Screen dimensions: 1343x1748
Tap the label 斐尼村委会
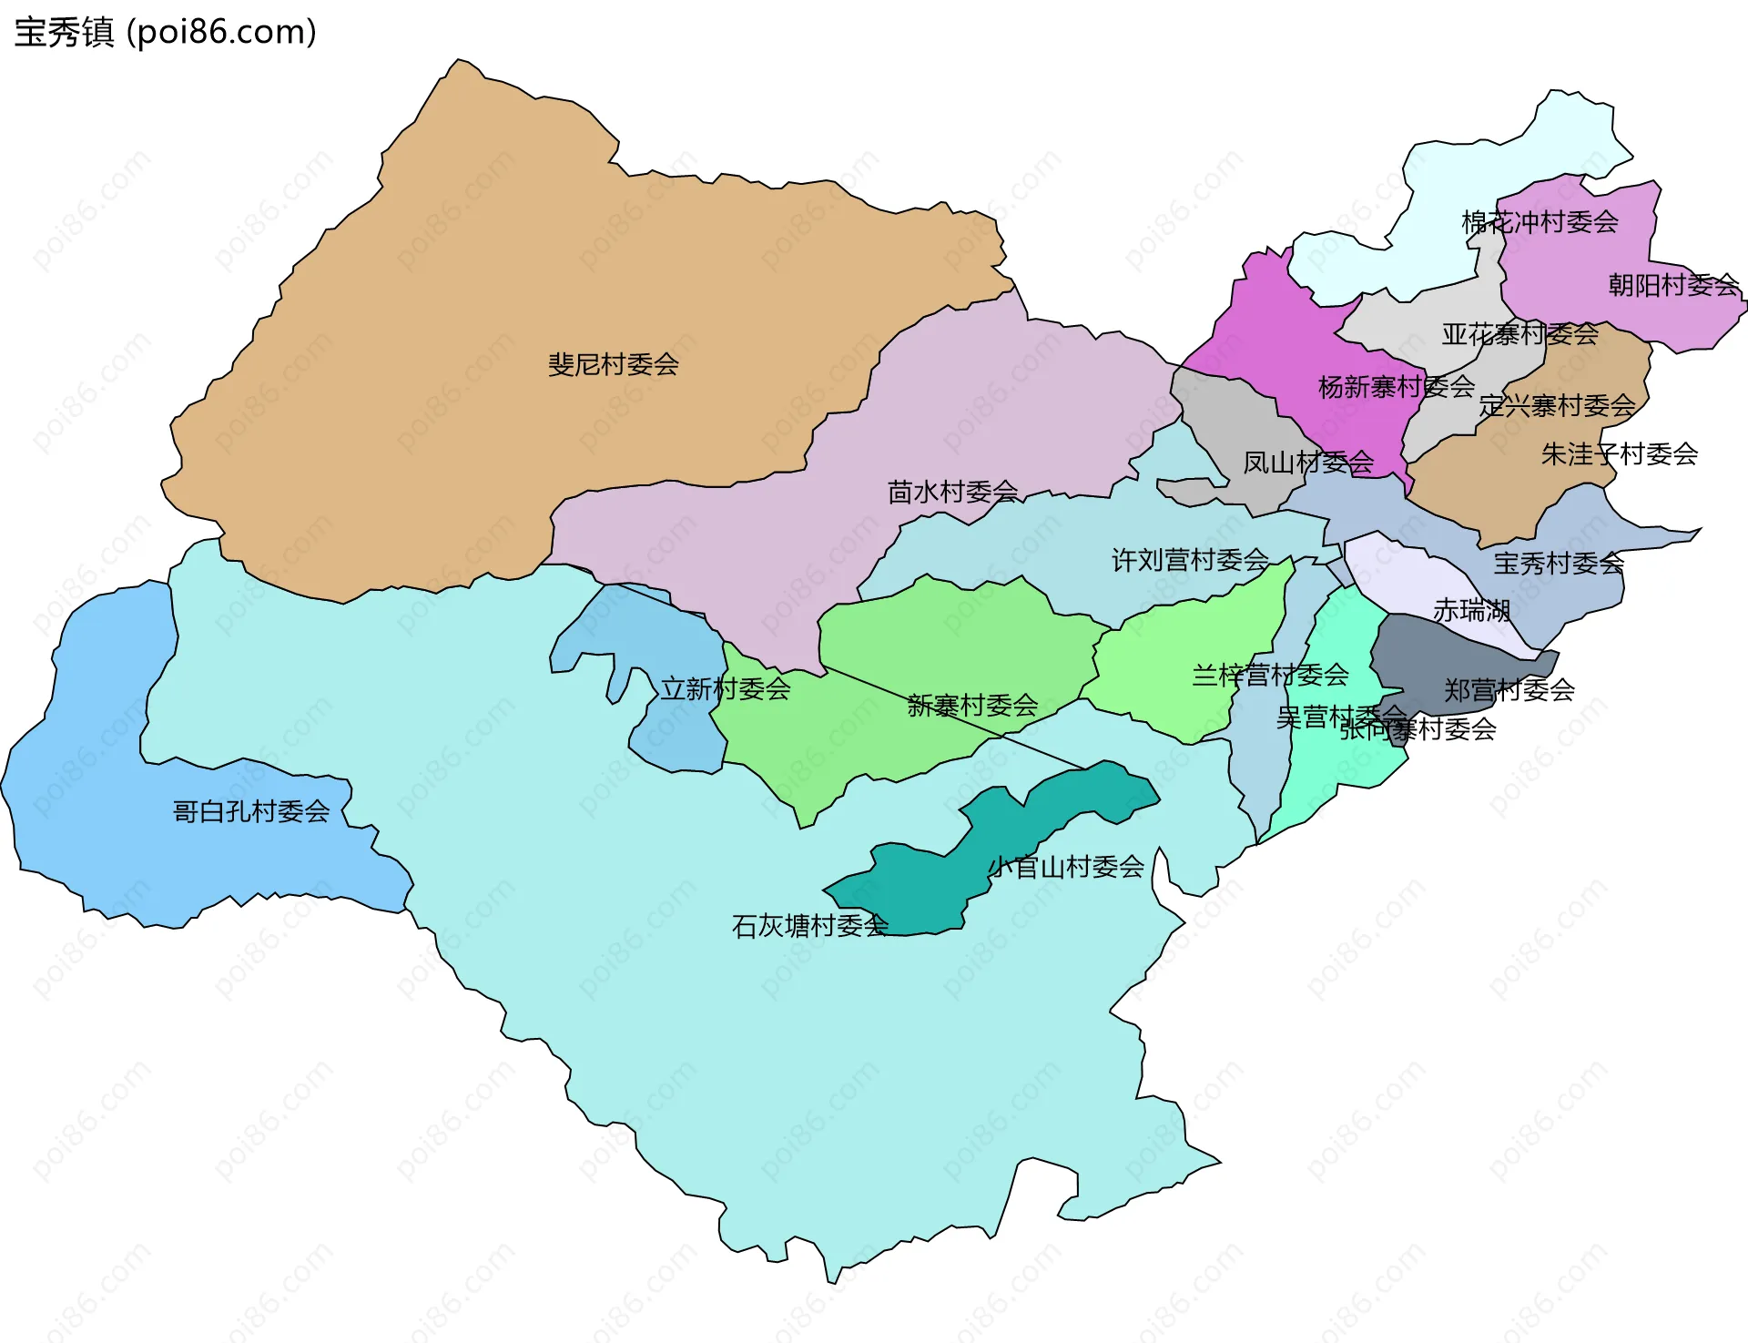(x=613, y=365)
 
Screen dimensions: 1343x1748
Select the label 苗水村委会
(x=952, y=493)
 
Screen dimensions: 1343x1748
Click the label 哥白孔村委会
(x=251, y=811)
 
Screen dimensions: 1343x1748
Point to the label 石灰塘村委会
(x=809, y=926)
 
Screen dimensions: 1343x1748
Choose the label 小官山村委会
(x=1066, y=867)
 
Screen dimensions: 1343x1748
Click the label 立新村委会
(x=726, y=688)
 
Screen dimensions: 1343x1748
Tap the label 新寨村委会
(x=972, y=705)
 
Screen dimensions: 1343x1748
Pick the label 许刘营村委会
(x=1190, y=560)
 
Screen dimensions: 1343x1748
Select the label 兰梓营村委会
(x=1270, y=675)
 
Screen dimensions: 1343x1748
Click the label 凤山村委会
(x=1308, y=463)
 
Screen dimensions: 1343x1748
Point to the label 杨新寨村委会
(x=1396, y=387)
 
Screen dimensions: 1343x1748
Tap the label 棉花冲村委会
(x=1540, y=221)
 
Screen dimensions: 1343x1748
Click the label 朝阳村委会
(x=1673, y=285)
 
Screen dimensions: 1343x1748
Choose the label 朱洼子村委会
(x=1619, y=453)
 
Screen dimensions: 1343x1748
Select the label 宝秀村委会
(x=1559, y=563)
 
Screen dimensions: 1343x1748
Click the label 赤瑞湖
(x=1471, y=610)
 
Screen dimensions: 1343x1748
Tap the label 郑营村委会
(x=1509, y=689)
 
